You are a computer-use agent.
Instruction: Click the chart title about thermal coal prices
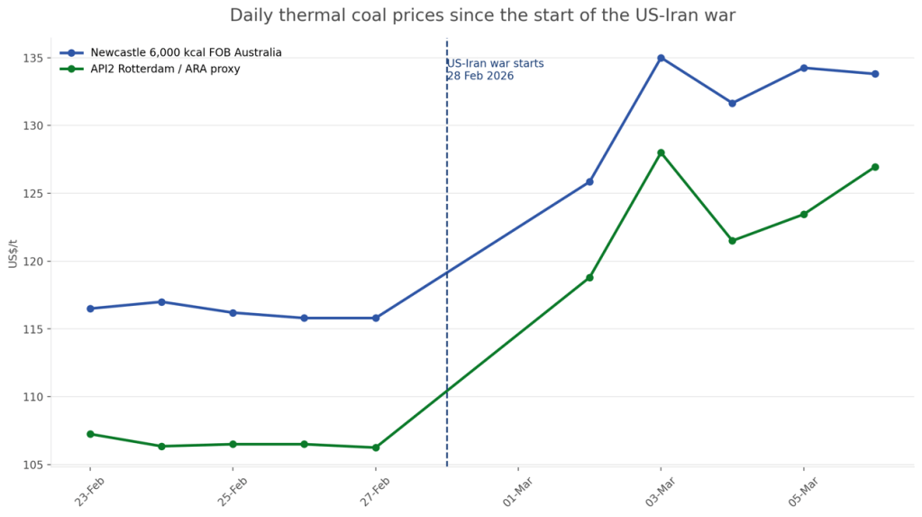point(482,15)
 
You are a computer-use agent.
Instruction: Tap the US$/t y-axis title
point(13,253)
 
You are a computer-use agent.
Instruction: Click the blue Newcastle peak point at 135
point(661,58)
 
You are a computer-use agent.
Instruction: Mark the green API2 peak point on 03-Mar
point(661,152)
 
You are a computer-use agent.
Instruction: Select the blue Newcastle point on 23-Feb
point(90,309)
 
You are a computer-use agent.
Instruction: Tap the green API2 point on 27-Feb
point(376,448)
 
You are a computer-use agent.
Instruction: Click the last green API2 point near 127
point(875,167)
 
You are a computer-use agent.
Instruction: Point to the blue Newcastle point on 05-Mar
point(804,68)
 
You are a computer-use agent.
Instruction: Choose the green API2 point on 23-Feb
point(90,434)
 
